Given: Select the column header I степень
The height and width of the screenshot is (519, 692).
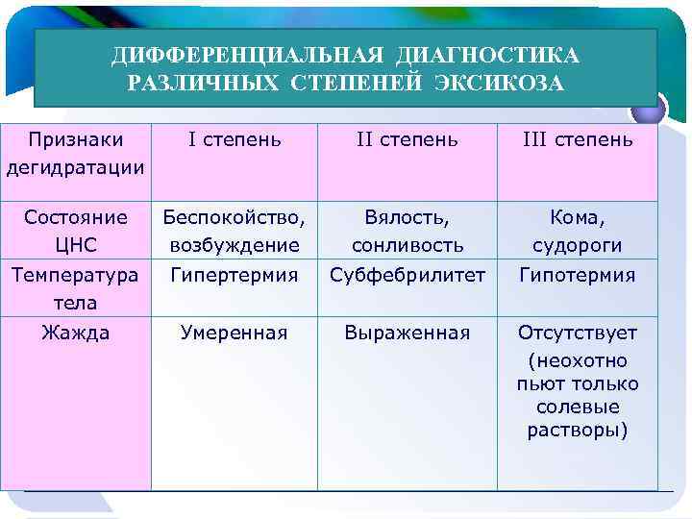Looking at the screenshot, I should click(x=235, y=140).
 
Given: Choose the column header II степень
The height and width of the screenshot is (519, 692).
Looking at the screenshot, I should click(x=407, y=140).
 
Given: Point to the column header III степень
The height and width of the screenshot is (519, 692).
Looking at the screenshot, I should click(x=577, y=140).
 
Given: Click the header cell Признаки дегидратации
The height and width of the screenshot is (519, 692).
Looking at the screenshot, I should click(x=76, y=154).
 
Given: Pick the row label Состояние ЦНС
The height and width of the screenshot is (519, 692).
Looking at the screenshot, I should click(x=76, y=231).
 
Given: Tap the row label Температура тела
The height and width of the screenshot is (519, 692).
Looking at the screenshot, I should click(x=76, y=288).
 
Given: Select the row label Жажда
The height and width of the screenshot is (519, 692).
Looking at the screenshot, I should click(x=76, y=334).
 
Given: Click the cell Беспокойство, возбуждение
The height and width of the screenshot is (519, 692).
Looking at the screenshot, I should click(x=235, y=231).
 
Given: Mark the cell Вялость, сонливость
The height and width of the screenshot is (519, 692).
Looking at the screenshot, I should click(x=407, y=231).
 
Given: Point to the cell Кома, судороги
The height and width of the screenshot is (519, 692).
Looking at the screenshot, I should click(x=577, y=231).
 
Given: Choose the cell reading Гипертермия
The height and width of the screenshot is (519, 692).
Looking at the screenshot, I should click(x=235, y=276).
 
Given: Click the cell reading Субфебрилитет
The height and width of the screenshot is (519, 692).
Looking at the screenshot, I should click(x=407, y=276).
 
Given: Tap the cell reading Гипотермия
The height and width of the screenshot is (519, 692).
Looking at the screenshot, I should click(x=577, y=276).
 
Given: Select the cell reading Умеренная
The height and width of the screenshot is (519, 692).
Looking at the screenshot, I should click(x=235, y=334).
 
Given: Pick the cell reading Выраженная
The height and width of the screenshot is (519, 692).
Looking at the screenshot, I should click(x=407, y=334).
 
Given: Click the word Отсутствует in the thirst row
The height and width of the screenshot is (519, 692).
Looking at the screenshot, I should click(x=577, y=334).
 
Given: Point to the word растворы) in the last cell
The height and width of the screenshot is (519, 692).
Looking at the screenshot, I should click(x=577, y=430).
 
